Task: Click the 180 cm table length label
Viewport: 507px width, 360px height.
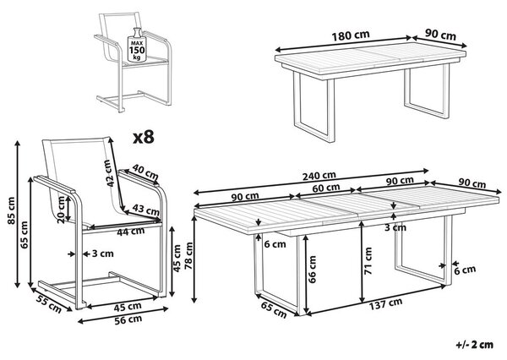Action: point(351,35)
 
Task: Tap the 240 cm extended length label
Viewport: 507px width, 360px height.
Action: point(319,176)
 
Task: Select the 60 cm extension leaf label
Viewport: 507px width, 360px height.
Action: point(326,188)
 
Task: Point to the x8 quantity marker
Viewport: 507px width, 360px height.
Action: point(144,138)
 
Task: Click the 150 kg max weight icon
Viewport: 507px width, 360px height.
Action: point(137,45)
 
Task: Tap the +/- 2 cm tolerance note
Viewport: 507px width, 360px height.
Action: point(475,345)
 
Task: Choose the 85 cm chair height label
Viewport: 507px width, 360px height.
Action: point(11,210)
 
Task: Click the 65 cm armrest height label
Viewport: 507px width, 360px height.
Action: point(25,235)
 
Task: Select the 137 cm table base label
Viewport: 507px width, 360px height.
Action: point(386,303)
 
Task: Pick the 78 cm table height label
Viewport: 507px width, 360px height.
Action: point(188,256)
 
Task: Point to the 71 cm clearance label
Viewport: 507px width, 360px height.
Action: point(368,260)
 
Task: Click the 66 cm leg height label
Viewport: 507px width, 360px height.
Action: point(312,270)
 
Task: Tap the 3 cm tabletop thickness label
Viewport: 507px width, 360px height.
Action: point(395,227)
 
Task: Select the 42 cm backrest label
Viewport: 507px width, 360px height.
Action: point(110,173)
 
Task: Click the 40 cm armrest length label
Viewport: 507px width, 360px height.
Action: point(145,172)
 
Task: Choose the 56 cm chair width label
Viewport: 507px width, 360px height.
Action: point(128,319)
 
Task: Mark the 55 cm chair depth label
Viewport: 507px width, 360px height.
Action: point(48,305)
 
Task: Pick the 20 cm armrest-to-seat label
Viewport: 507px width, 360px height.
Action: point(61,210)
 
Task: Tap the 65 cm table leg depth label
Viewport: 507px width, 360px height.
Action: point(274,309)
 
